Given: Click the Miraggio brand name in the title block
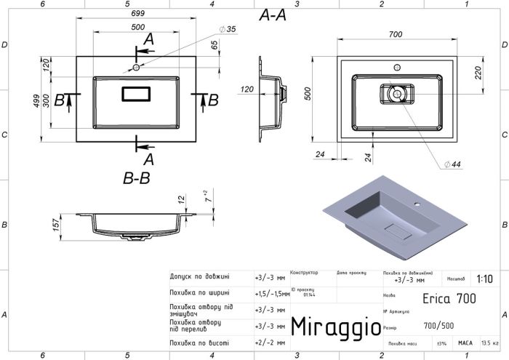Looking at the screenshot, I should pos(335,327).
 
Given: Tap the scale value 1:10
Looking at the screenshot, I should pos(483,279).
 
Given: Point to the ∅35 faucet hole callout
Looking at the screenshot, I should pos(228,29).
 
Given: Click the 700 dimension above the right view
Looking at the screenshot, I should pos(395,34).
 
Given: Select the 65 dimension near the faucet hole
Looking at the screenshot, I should pos(214,45).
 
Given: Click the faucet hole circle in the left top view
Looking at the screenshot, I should pos(136,68).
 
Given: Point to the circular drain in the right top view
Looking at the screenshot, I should pos(395,93).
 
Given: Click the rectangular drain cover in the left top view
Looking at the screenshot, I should pos(136,94).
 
